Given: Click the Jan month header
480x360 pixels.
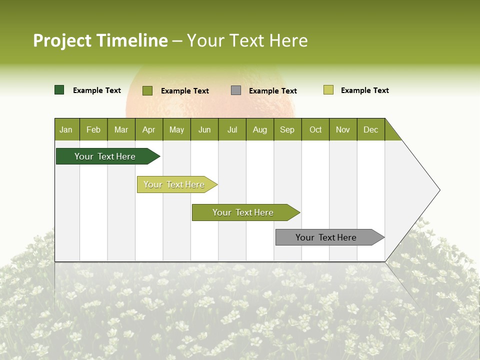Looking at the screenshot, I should point(66,129).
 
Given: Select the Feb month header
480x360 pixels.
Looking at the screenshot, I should point(93,129).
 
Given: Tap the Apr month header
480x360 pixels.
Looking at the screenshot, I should point(148,129).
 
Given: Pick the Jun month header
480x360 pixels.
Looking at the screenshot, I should point(204,129).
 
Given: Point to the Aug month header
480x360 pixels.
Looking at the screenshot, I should point(259,129).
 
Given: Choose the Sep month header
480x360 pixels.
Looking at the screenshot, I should point(287,129).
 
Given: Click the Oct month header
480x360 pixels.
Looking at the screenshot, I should point(315,129).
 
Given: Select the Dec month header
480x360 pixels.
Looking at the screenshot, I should point(370,129).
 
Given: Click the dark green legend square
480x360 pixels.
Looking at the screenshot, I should point(59,90).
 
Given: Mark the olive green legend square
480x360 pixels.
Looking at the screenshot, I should point(147,90).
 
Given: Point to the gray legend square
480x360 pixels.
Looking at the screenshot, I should point(236,90).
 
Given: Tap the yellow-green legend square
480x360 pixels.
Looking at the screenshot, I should point(328,90).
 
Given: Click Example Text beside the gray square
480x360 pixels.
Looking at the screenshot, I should point(272,91).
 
